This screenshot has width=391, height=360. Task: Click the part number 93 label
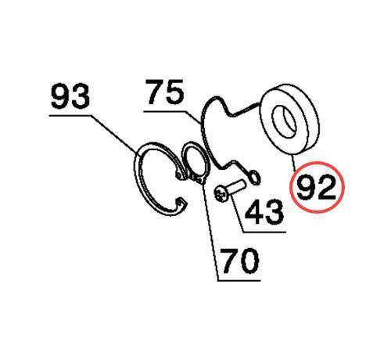click(70, 96)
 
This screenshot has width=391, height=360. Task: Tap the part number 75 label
click(165, 92)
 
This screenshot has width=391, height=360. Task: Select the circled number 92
click(317, 187)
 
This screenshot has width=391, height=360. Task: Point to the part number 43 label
click(264, 212)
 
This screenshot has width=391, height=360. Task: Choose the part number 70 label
click(240, 260)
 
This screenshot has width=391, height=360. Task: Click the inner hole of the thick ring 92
click(285, 121)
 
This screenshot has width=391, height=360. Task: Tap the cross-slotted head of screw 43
click(221, 193)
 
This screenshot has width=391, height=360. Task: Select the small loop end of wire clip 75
click(254, 178)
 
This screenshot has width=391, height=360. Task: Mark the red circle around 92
click(317, 162)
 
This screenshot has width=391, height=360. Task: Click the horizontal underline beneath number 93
click(70, 116)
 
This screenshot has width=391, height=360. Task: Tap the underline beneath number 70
click(239, 281)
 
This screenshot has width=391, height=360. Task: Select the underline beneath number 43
click(264, 232)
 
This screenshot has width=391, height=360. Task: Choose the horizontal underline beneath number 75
click(164, 112)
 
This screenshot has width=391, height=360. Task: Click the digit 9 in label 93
click(60, 96)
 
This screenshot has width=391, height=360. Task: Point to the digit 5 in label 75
click(175, 92)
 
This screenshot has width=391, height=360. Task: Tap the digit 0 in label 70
click(249, 261)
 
